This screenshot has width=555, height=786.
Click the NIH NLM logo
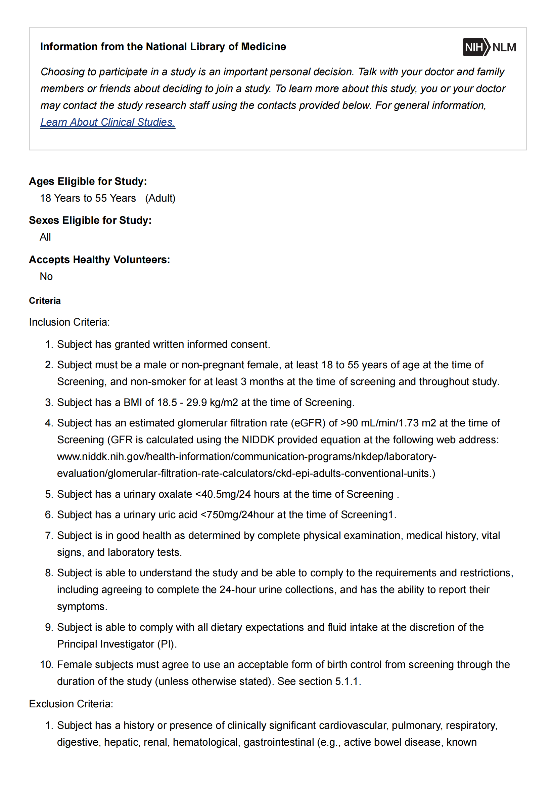tap(489, 47)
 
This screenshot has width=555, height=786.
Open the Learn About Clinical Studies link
tap(108, 122)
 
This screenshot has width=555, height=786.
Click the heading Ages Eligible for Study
tap(88, 181)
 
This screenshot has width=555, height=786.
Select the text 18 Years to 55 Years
tap(88, 198)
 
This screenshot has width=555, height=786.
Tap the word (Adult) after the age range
tap(160, 198)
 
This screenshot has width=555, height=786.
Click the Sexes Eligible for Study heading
tap(90, 220)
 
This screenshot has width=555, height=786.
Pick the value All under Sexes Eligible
tap(45, 237)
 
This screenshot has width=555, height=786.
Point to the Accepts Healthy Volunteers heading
tap(99, 259)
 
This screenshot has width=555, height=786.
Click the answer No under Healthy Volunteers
tap(46, 276)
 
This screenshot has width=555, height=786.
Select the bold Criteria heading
tap(45, 300)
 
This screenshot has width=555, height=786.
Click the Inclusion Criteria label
tap(70, 322)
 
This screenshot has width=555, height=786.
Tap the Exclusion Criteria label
tap(71, 704)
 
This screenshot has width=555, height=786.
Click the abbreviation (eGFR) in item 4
tap(308, 423)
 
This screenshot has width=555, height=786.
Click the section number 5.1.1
tap(347, 681)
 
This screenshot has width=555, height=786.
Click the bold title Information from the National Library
tap(163, 47)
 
